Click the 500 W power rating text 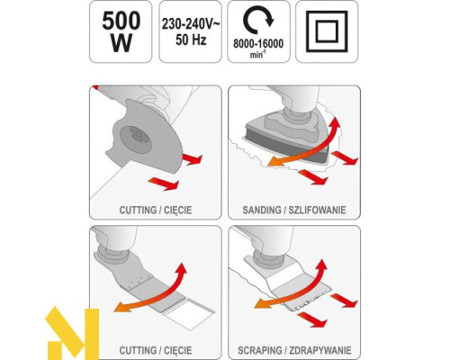(x=121, y=32)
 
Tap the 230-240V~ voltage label (x=191, y=24)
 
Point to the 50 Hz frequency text (x=191, y=40)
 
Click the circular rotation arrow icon (x=258, y=22)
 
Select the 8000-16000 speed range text (x=258, y=44)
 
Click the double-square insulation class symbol (x=327, y=31)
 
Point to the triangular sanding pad (x=288, y=135)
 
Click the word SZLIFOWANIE (x=317, y=210)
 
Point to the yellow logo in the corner (x=72, y=333)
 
